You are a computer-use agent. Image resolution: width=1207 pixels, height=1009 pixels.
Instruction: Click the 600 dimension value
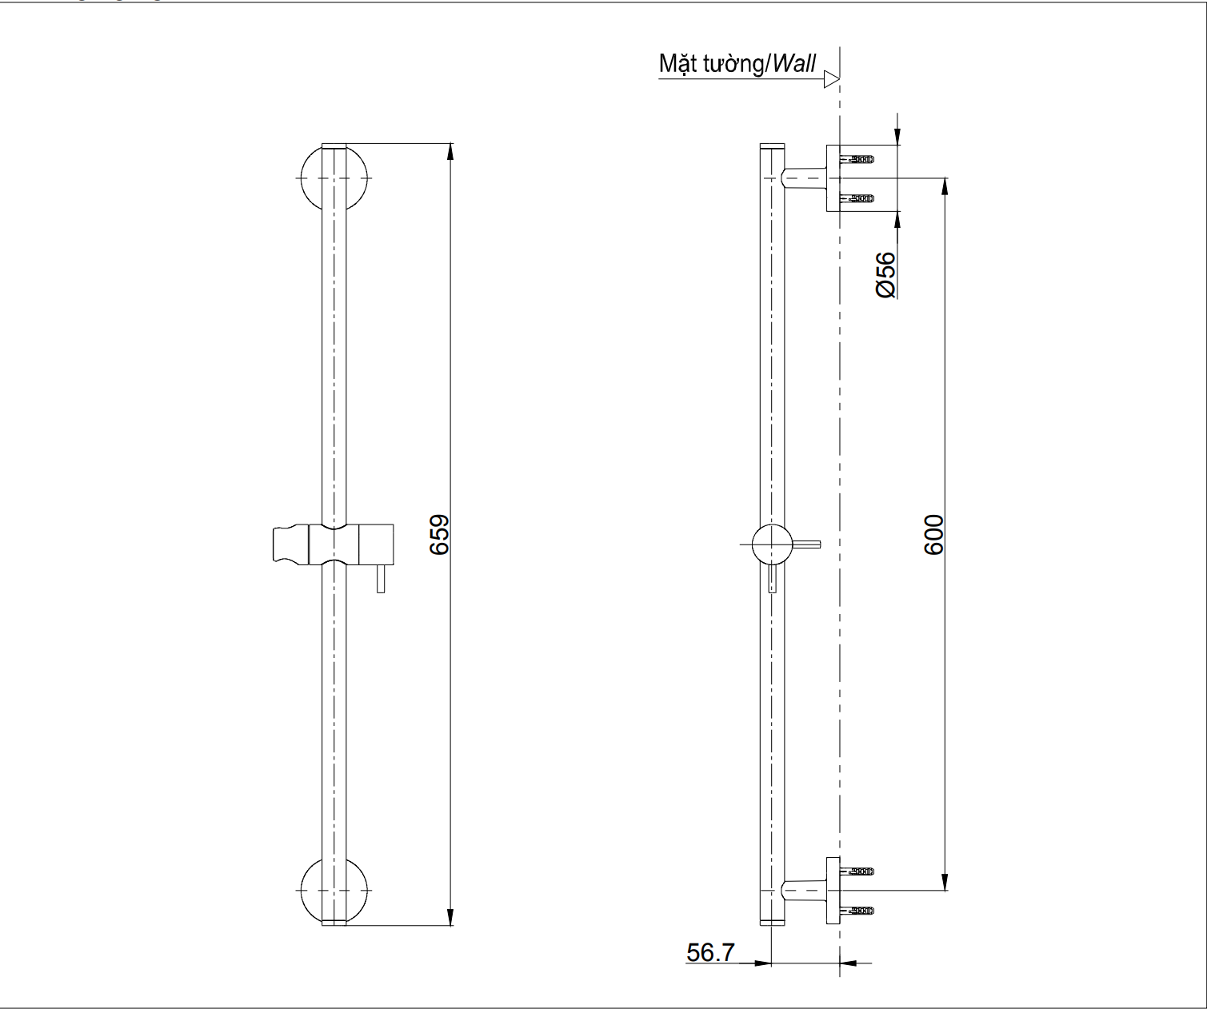pyautogui.click(x=933, y=534)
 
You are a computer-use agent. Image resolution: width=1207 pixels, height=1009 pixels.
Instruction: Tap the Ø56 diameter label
pyautogui.click(x=885, y=275)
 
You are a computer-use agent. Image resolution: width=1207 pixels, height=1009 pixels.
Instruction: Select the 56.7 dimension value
pyautogui.click(x=710, y=952)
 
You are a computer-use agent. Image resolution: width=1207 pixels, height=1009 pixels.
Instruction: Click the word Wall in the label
pyautogui.click(x=793, y=64)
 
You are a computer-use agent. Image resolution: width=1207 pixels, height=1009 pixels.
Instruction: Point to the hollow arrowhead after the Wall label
pyautogui.click(x=831, y=79)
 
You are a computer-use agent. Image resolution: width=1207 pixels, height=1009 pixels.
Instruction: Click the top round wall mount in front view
pyautogui.click(x=334, y=177)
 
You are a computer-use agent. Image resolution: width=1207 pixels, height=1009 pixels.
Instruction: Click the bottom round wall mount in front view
pyautogui.click(x=334, y=891)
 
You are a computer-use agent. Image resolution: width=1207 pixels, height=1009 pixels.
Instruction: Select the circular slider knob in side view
pyautogui.click(x=771, y=545)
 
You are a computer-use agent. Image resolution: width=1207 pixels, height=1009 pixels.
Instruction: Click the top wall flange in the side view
pyautogui.click(x=833, y=178)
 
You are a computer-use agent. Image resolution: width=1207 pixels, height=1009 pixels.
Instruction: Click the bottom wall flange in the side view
pyautogui.click(x=833, y=890)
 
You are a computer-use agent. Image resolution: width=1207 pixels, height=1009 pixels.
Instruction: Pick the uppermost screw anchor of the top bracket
pyautogui.click(x=859, y=159)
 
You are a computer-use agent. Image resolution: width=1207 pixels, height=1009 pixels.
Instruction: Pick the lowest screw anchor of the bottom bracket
pyautogui.click(x=859, y=911)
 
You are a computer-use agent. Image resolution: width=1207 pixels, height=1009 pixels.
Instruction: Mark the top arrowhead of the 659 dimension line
pyautogui.click(x=450, y=151)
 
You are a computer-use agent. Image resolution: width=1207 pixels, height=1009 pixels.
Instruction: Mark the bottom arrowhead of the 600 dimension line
pyautogui.click(x=945, y=883)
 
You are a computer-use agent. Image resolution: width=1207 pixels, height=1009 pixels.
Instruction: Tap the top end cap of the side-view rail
pyautogui.click(x=772, y=147)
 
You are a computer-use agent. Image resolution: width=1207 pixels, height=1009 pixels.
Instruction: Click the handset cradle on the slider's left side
pyautogui.click(x=290, y=544)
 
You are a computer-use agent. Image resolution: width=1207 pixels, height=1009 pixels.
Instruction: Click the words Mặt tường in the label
pyautogui.click(x=710, y=64)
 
